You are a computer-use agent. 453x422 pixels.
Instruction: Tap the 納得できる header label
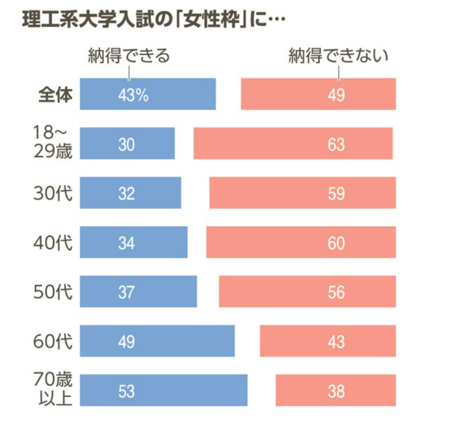(129, 56)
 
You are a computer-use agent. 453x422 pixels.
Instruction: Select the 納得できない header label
(339, 56)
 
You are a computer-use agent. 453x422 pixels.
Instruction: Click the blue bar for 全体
(148, 94)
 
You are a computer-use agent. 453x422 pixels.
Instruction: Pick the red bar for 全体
(318, 94)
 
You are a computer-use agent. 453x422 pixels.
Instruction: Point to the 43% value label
(133, 95)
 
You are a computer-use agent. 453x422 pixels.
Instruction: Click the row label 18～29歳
(52, 143)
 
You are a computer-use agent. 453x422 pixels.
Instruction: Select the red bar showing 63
(293, 143)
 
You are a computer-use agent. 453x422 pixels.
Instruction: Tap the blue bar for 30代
(130, 193)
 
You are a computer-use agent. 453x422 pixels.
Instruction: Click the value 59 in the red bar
(336, 193)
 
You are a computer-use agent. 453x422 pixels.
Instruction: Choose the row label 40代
(53, 242)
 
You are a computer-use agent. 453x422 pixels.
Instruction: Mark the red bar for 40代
(300, 242)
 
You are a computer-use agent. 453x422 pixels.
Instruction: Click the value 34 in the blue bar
(126, 243)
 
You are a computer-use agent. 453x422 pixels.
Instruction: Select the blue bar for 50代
(138, 292)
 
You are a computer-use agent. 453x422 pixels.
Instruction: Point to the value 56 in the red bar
(336, 292)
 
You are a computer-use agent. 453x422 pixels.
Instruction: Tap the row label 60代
(53, 341)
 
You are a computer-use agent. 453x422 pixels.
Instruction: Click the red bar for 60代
(327, 341)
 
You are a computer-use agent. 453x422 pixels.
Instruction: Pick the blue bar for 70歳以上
(163, 390)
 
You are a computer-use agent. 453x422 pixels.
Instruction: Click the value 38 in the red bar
(336, 391)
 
